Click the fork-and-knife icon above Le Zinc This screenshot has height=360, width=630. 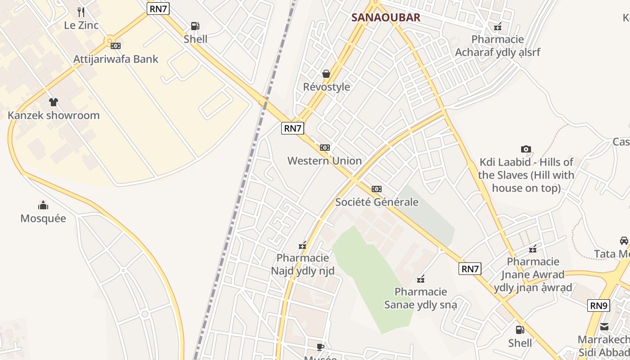pyautogui.click(x=81, y=12)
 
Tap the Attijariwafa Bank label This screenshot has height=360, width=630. pyautogui.click(x=116, y=59)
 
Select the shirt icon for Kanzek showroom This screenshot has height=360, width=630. pyautogui.click(x=54, y=102)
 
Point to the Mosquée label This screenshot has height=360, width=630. pyautogui.click(x=43, y=219)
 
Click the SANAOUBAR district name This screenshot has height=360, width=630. pyautogui.click(x=386, y=18)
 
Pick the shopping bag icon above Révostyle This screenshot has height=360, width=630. pyautogui.click(x=326, y=74)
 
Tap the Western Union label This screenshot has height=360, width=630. pyautogui.click(x=324, y=161)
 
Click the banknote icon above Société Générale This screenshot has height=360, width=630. pyautogui.click(x=377, y=189)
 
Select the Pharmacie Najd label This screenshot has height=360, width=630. pyautogui.click(x=302, y=264)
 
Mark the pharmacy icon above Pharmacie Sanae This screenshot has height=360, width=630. pyautogui.click(x=421, y=279)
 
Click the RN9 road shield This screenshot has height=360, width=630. pyautogui.click(x=598, y=306)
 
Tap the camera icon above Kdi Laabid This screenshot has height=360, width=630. pyautogui.click(x=526, y=149)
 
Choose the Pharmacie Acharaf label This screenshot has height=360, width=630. pyautogui.click(x=498, y=45)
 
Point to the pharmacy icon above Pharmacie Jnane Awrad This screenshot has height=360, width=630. pyautogui.click(x=533, y=248)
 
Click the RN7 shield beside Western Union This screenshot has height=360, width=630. pyautogui.click(x=292, y=128)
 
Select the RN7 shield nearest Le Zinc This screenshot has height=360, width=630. pyautogui.click(x=158, y=8)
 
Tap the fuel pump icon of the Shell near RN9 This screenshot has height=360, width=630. pyautogui.click(x=520, y=330)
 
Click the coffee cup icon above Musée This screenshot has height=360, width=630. pyautogui.click(x=320, y=346)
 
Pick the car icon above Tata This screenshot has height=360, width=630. pyautogui.click(x=624, y=241)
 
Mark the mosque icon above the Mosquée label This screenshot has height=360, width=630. pyautogui.click(x=43, y=205)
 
